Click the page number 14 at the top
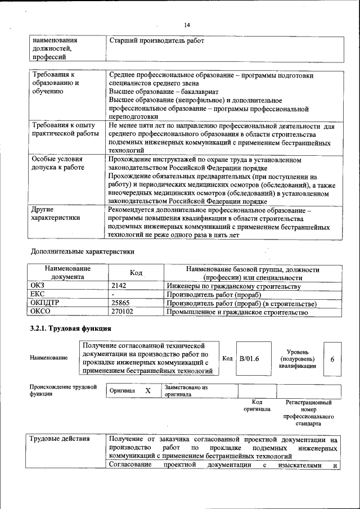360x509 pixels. (x=187, y=25)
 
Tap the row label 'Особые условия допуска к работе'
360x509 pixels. (x=58, y=163)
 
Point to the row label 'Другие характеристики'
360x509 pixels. (x=56, y=213)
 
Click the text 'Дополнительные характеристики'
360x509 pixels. (x=83, y=251)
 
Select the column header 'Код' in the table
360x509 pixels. (x=136, y=273)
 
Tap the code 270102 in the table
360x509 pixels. (x=123, y=312)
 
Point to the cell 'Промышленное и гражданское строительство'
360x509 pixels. (x=237, y=312)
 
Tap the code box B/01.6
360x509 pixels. (x=249, y=358)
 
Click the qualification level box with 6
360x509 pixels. (x=332, y=358)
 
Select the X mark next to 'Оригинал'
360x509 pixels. (x=148, y=391)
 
